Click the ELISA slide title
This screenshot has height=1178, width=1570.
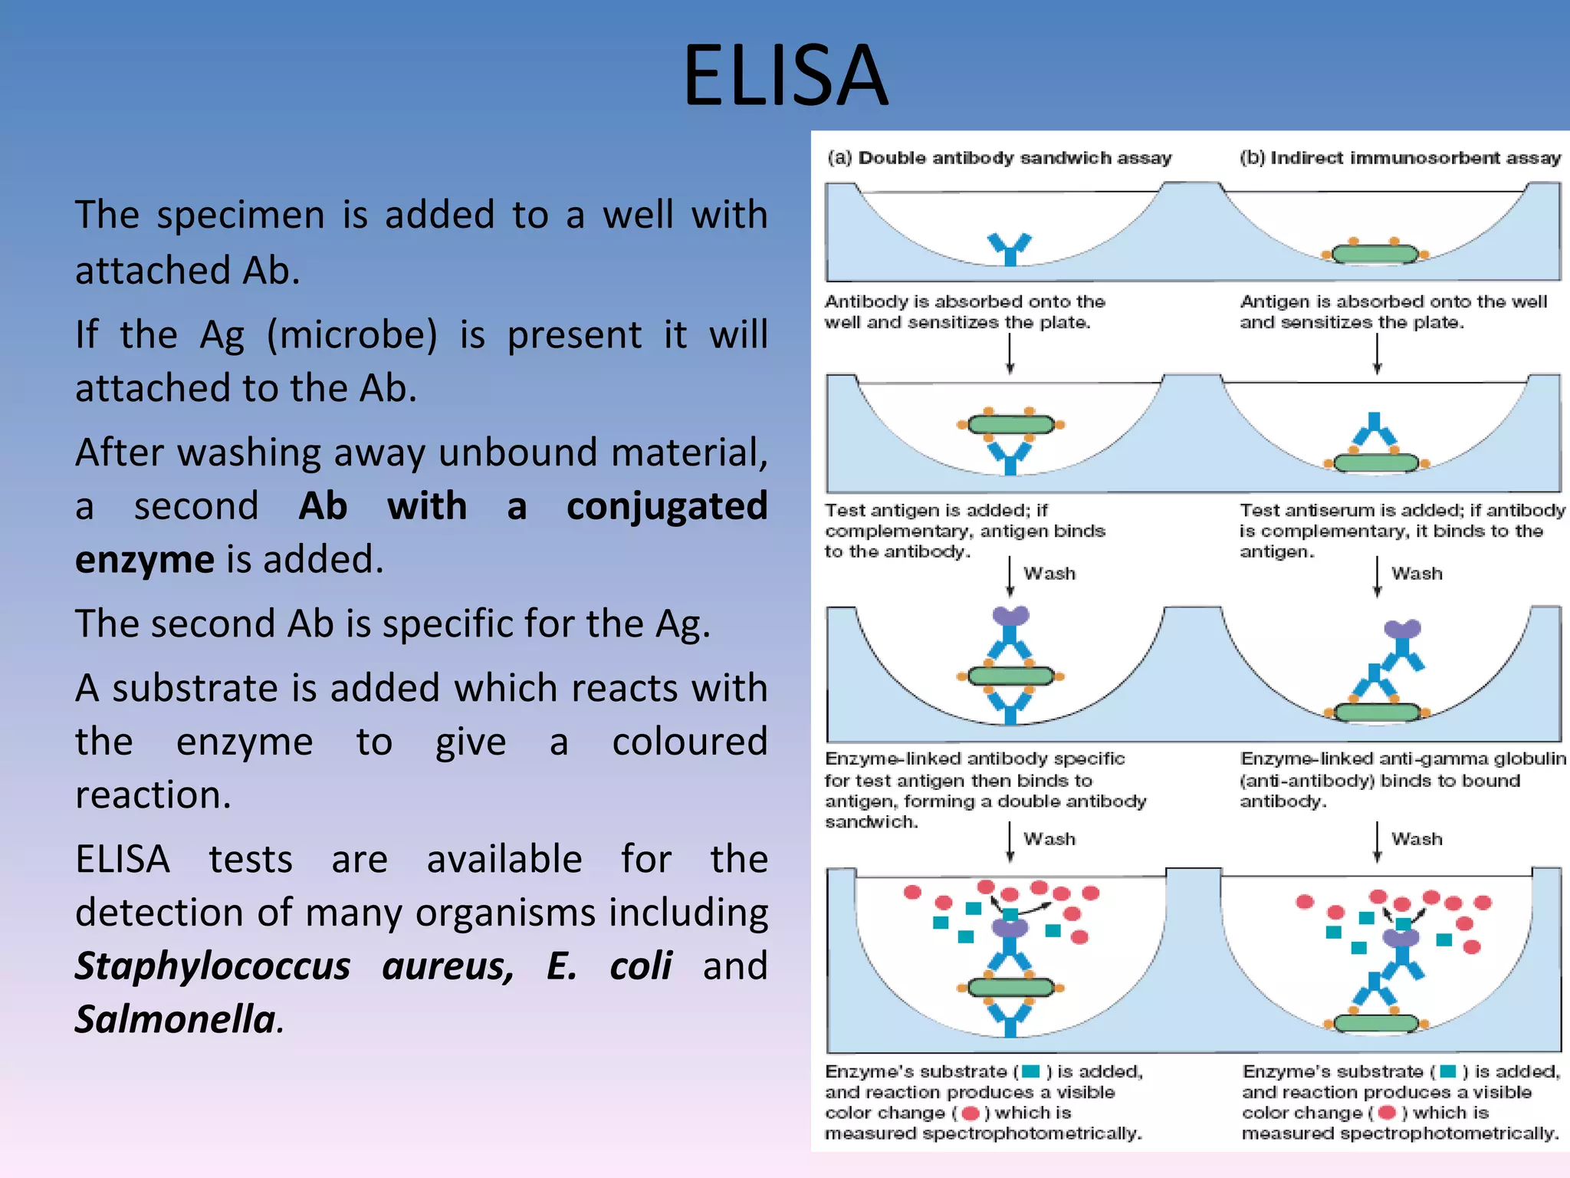(x=785, y=75)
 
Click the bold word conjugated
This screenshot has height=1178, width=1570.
(x=666, y=507)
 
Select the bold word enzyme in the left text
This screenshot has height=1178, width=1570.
(x=144, y=560)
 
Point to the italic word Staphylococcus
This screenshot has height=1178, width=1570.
(x=212, y=966)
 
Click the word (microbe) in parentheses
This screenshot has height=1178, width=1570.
(x=352, y=335)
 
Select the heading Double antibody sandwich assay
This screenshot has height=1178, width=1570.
(x=1014, y=158)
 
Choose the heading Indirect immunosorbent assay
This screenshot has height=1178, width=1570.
(x=1415, y=158)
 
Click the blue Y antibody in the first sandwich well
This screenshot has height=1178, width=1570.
(x=1010, y=248)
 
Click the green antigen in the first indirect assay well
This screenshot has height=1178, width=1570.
(x=1375, y=254)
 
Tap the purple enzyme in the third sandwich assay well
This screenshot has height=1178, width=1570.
(x=1010, y=616)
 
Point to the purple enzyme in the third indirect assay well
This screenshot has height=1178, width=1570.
(x=1402, y=630)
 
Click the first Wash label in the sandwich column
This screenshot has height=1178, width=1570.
(x=1049, y=574)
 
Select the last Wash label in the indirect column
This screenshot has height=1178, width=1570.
(x=1417, y=839)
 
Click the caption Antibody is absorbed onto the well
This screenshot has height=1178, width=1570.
(x=964, y=311)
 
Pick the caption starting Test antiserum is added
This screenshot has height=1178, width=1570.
(x=1401, y=530)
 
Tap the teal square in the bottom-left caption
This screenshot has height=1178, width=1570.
(x=1030, y=1071)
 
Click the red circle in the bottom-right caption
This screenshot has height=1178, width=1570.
(x=1386, y=1113)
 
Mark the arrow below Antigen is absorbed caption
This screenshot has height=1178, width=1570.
(x=1377, y=354)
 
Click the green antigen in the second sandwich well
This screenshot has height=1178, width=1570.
(x=1010, y=424)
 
